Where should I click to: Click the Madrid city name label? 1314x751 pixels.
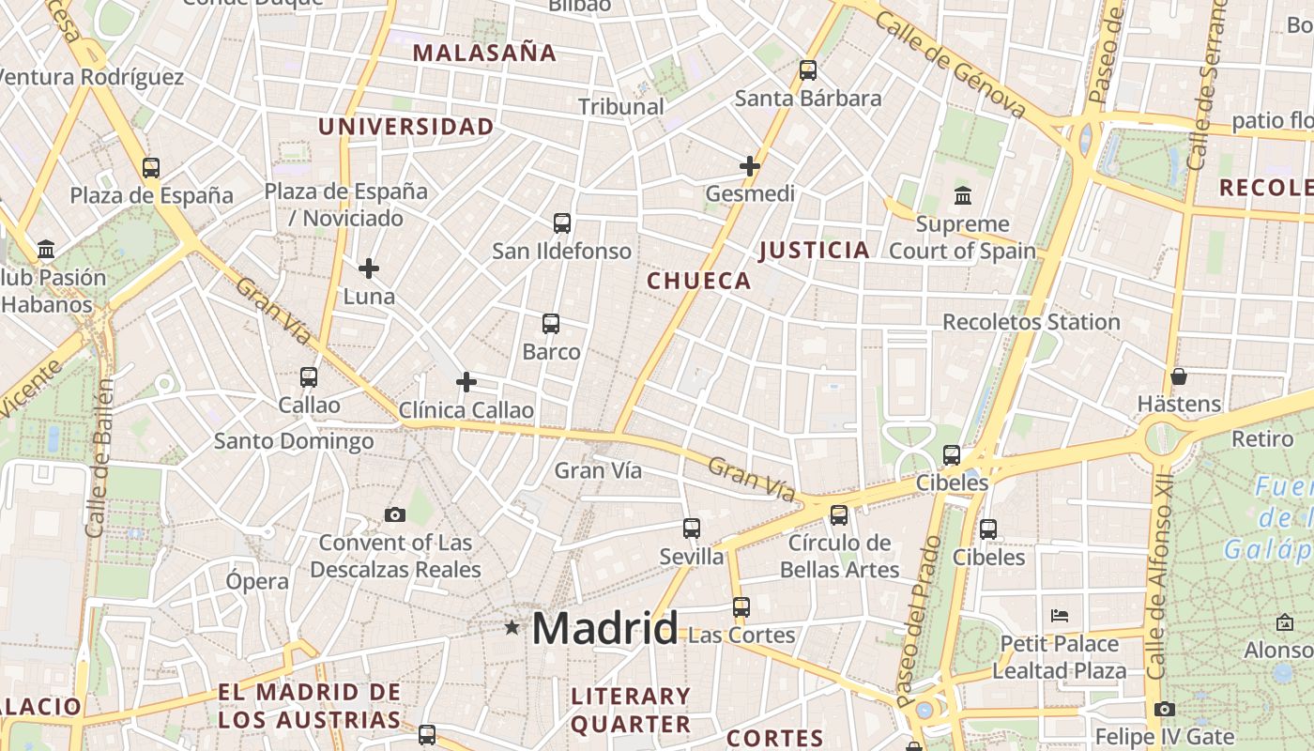[x=605, y=628]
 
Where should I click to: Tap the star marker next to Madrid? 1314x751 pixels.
[x=512, y=627]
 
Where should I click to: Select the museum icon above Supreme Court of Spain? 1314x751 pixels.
[x=962, y=196]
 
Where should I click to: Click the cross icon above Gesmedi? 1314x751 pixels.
[x=749, y=166]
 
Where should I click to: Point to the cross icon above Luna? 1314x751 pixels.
[x=369, y=268]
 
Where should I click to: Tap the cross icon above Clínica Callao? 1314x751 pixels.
[x=466, y=382]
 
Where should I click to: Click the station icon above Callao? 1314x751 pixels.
[x=309, y=377]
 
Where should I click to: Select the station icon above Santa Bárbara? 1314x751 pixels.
[x=807, y=70]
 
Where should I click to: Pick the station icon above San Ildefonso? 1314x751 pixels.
[x=561, y=223]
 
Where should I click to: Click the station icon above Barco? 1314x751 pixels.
[x=551, y=324]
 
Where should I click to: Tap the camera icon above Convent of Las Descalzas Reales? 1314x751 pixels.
[x=395, y=514]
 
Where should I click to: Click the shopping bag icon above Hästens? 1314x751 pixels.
[x=1179, y=376]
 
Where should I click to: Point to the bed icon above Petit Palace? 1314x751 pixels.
[x=1060, y=616]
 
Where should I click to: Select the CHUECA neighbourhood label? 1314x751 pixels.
[x=699, y=281]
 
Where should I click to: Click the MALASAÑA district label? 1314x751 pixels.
[x=484, y=54]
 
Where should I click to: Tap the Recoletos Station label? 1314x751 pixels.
[x=1031, y=322]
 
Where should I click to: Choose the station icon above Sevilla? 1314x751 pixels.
[x=692, y=529]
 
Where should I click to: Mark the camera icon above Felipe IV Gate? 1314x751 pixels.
[x=1165, y=709]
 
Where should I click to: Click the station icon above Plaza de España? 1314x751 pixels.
[x=151, y=168]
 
